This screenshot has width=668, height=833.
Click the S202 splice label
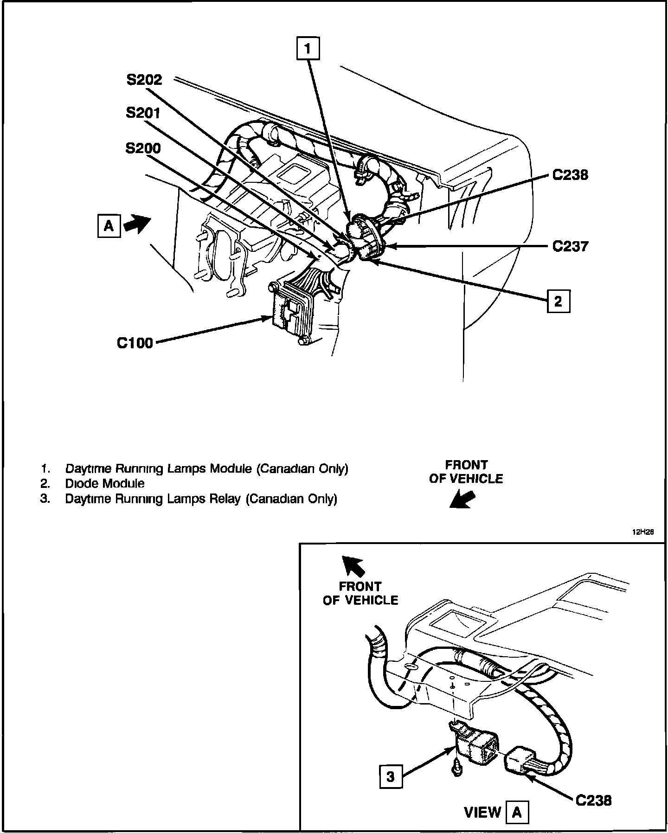tap(144, 80)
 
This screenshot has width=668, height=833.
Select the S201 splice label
tap(143, 113)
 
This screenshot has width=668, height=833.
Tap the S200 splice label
tap(143, 148)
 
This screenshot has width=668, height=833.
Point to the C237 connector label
tap(570, 246)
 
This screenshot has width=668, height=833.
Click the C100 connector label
tap(135, 343)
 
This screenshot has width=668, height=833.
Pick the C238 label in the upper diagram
tap(570, 175)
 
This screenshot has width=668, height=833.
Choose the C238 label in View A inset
tap(593, 800)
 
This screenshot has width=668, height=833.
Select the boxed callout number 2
tap(558, 302)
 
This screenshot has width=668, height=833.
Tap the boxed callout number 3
tap(391, 776)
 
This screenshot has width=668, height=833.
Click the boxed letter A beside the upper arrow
tap(109, 226)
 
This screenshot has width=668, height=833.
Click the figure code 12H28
tap(642, 532)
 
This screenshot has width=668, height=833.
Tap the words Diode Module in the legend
tap(105, 484)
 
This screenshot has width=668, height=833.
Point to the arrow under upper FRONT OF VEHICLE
tap(462, 500)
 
